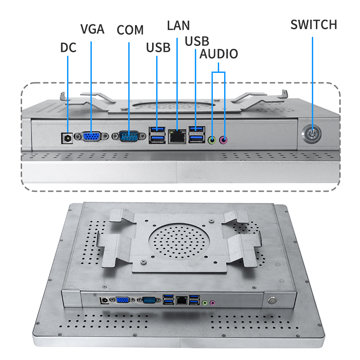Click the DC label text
coord(68,47)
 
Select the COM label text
coord(130,30)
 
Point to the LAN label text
coord(178,25)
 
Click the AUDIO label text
coord(219,54)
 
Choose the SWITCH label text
coord(313,24)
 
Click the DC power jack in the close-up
coord(67,137)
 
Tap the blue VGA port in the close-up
coord(92,137)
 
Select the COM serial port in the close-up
coord(129,137)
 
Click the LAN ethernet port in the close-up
coord(177,137)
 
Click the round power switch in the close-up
coord(311,134)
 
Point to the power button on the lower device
coord(272,300)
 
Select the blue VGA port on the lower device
coord(121,300)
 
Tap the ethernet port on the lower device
coord(182,300)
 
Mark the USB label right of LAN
coord(197,41)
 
